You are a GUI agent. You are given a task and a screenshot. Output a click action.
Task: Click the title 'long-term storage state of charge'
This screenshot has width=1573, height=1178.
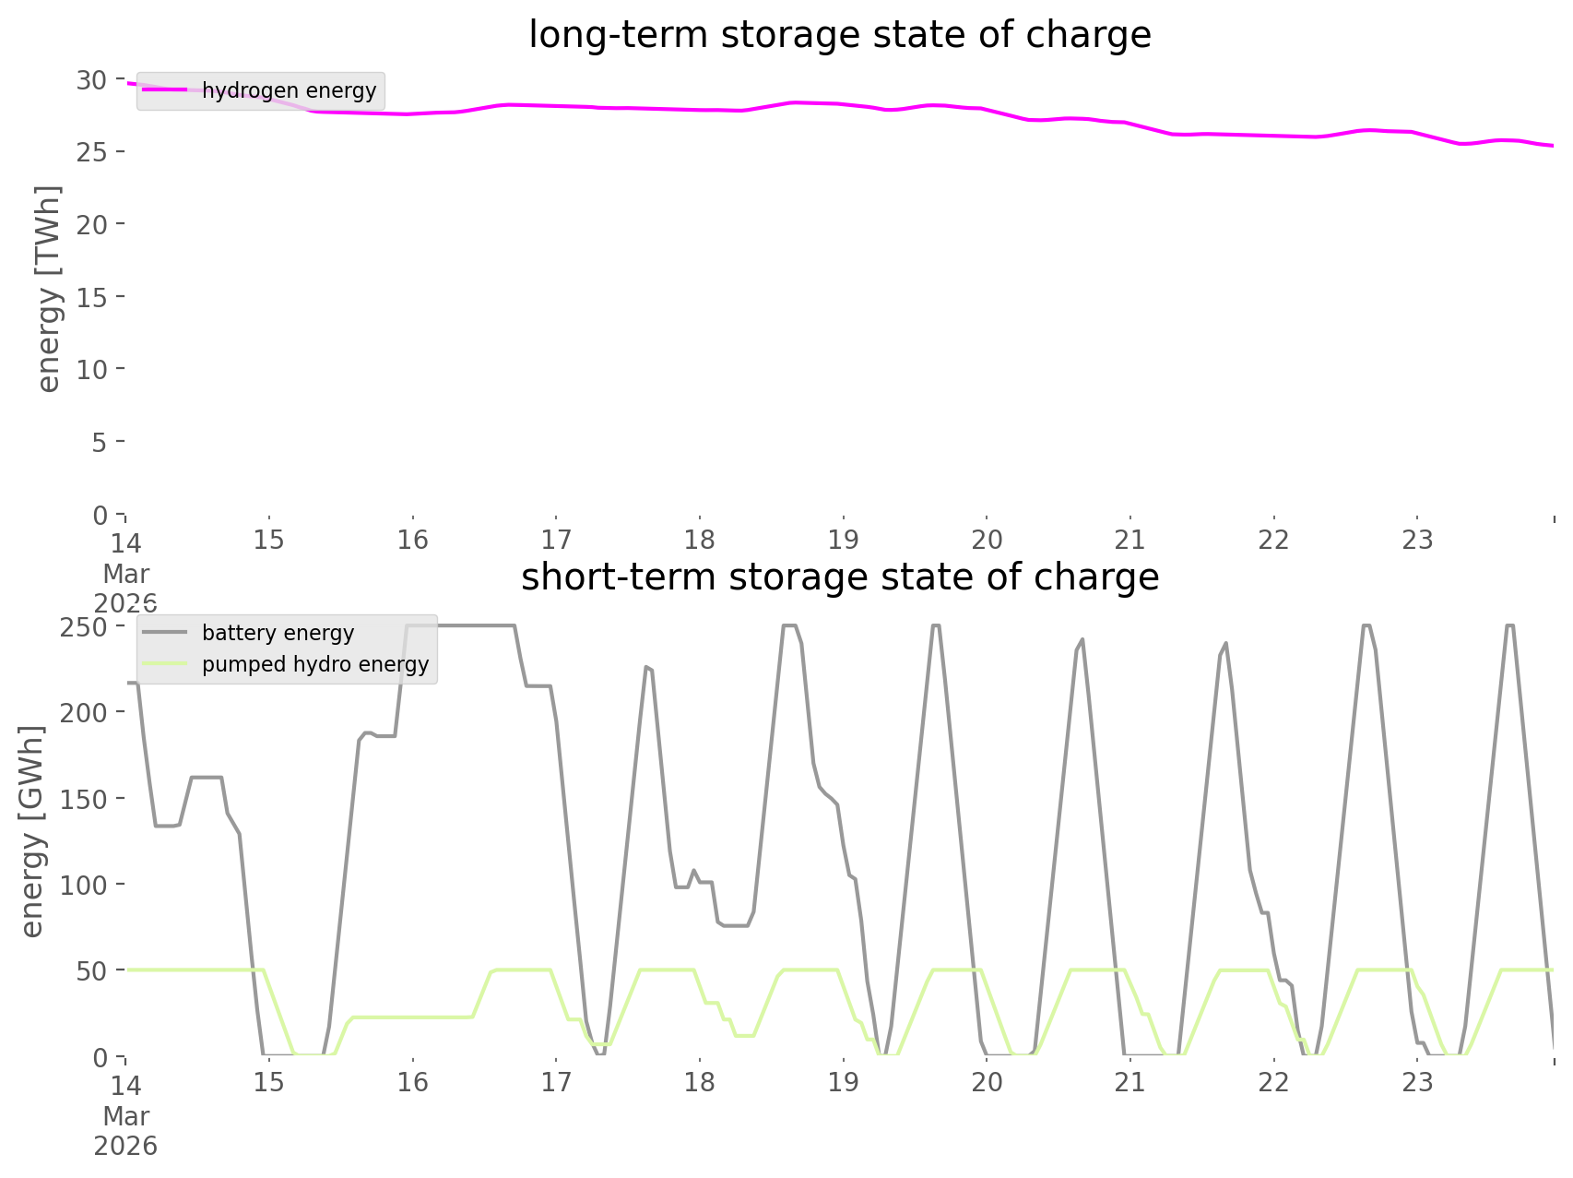point(839,35)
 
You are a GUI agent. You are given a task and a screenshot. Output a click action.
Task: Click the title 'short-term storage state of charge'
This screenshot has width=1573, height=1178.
point(839,577)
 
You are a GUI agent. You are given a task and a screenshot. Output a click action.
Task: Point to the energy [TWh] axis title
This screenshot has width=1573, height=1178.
point(48,289)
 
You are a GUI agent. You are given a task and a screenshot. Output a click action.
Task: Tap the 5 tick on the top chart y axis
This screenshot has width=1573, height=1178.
point(99,443)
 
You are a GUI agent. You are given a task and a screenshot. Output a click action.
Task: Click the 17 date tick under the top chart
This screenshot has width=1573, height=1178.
point(556,540)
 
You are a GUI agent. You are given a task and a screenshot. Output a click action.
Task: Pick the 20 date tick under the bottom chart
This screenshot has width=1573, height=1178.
point(987,1082)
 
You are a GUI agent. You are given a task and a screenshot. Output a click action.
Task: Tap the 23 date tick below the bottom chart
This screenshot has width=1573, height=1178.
point(1417,1082)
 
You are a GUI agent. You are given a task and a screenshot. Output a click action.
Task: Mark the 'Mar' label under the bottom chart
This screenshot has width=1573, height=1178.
point(126,1116)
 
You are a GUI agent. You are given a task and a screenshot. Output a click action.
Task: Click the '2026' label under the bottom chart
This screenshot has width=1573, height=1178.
point(126,1147)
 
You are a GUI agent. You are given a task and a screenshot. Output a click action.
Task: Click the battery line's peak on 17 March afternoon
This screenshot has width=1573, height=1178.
point(647,666)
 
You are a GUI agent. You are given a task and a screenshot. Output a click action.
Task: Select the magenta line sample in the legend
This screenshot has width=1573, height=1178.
point(165,90)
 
